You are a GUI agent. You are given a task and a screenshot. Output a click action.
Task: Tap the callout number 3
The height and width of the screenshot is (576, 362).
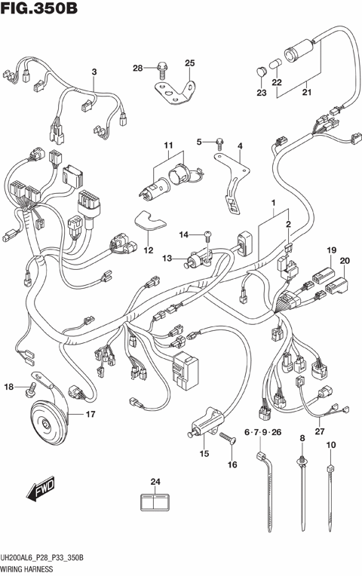pyautogui.click(x=94, y=72)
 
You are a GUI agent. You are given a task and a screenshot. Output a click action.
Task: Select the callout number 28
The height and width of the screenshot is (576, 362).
pyautogui.click(x=138, y=69)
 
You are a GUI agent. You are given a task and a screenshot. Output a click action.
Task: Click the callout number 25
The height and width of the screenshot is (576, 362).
pyautogui.click(x=190, y=63)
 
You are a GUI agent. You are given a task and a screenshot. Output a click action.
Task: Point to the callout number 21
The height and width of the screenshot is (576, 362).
pyautogui.click(x=306, y=93)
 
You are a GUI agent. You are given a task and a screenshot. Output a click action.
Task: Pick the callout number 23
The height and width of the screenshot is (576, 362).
pyautogui.click(x=261, y=93)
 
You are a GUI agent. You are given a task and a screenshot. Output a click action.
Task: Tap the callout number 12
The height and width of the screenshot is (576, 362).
pyautogui.click(x=149, y=250)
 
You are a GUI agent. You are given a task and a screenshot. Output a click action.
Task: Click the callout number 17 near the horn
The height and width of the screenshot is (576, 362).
pyautogui.click(x=90, y=414)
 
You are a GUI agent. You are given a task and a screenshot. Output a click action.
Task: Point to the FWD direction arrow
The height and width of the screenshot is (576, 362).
pyautogui.click(x=37, y=492)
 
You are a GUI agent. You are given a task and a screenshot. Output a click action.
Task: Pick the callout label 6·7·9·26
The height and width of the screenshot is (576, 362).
pyautogui.click(x=261, y=432)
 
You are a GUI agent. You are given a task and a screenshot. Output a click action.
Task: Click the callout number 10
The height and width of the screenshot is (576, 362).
pyautogui.click(x=330, y=446)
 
